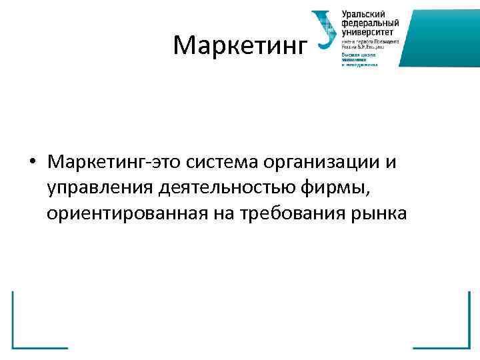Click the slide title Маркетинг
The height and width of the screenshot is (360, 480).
240,45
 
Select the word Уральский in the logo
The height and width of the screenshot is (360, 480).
362,14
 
